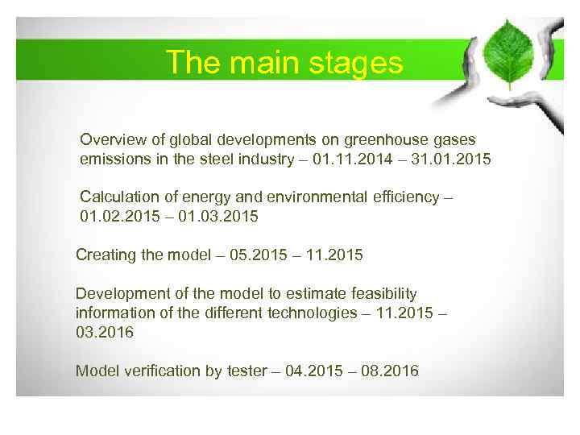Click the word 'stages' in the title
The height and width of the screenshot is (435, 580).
click(x=357, y=62)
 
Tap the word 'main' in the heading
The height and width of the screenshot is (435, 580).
click(x=263, y=62)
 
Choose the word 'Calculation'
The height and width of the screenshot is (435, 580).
click(x=115, y=197)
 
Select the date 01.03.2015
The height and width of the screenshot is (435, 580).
click(x=221, y=217)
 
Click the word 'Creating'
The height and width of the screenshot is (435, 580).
click(x=104, y=255)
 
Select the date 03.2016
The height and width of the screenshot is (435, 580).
click(x=105, y=332)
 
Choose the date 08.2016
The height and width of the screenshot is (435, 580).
click(x=390, y=371)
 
